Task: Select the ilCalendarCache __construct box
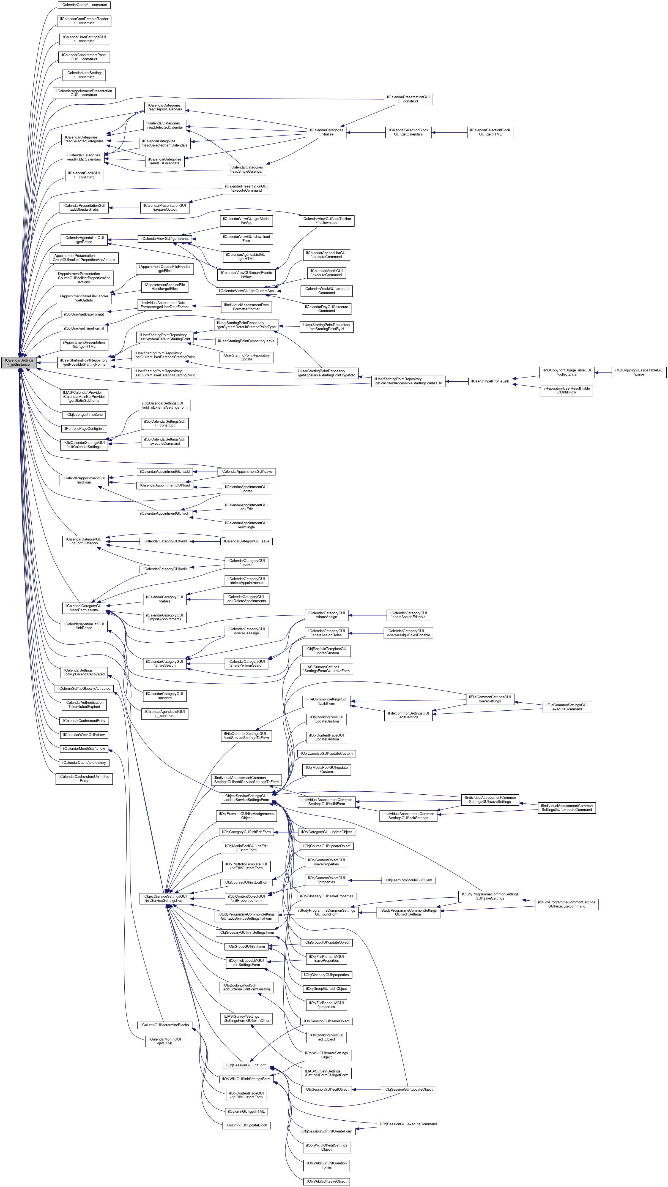(x=84, y=5)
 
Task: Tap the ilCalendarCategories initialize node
(x=326, y=132)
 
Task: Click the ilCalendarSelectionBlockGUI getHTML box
(x=490, y=132)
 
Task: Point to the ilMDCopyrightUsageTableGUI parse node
(x=639, y=372)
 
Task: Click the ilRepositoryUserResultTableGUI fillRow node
(x=566, y=390)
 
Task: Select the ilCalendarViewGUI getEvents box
(x=164, y=239)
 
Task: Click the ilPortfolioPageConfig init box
(x=84, y=428)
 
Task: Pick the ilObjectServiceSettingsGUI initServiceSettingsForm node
(x=164, y=898)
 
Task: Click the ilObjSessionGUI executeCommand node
(x=408, y=1124)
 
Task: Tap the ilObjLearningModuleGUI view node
(x=408, y=880)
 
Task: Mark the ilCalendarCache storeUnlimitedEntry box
(x=84, y=779)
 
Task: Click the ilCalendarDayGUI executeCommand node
(x=326, y=309)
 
